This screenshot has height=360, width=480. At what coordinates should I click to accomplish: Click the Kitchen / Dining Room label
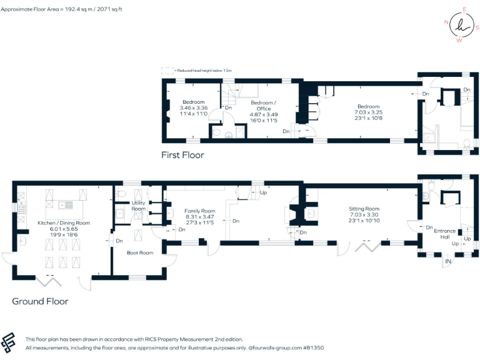(x=63, y=223)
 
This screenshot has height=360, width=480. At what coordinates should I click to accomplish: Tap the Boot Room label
(x=140, y=252)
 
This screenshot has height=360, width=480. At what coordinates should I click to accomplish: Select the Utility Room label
(x=138, y=206)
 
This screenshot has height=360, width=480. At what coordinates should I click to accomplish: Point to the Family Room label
(x=199, y=211)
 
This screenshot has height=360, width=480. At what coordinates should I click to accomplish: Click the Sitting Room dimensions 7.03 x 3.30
(x=364, y=215)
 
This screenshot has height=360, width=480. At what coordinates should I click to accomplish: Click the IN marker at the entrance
(x=447, y=261)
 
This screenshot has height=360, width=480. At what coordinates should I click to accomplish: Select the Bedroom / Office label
(x=263, y=106)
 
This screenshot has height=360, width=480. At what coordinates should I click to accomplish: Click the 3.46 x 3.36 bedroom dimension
(x=193, y=108)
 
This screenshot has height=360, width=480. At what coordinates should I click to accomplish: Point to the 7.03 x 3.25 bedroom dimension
(x=368, y=112)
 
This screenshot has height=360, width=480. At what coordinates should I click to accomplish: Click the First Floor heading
(x=182, y=155)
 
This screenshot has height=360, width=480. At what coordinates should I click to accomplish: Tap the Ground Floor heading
(x=40, y=301)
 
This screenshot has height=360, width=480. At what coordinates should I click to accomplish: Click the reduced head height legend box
(x=167, y=71)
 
